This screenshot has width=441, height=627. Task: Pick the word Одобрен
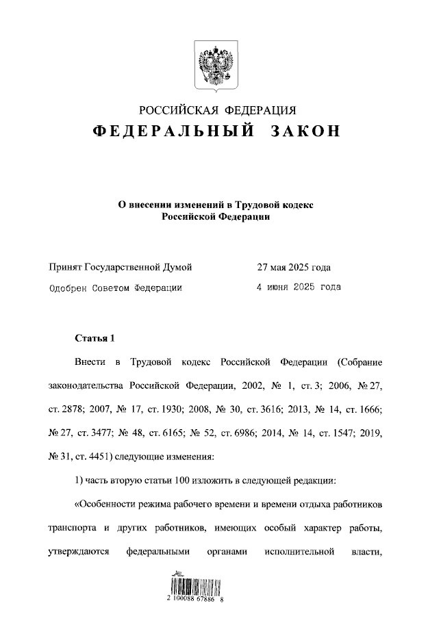pyautogui.click(x=68, y=288)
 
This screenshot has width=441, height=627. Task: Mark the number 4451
pyautogui.click(x=105, y=456)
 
